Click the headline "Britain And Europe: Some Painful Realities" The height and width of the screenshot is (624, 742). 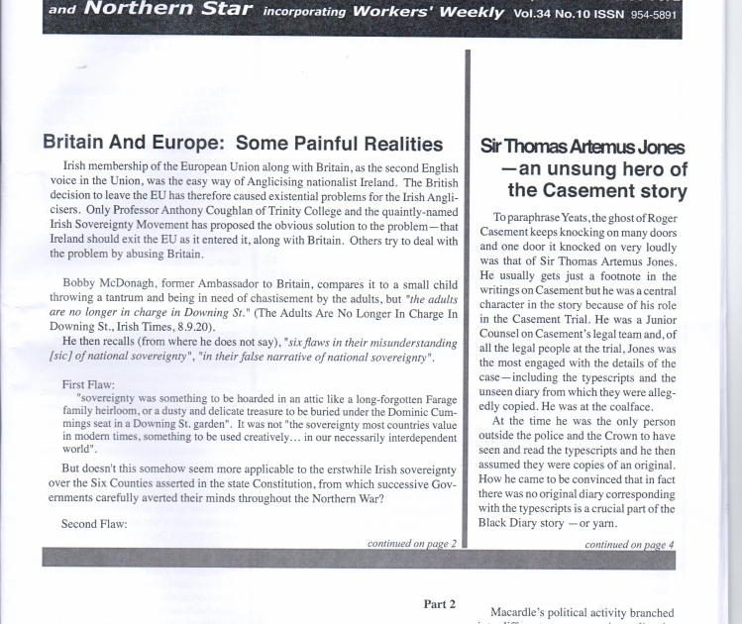click(243, 145)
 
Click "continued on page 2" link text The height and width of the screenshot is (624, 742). click(411, 544)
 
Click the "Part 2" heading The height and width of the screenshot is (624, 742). click(439, 603)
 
